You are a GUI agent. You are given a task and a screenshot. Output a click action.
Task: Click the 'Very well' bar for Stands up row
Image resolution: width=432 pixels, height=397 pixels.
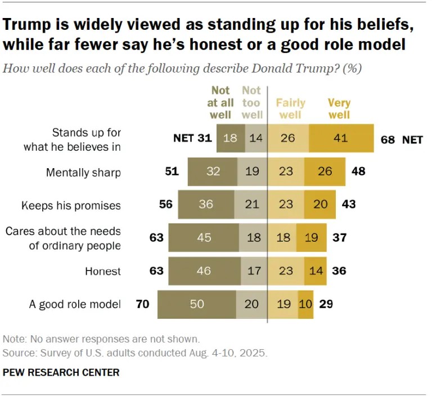tap(341, 138)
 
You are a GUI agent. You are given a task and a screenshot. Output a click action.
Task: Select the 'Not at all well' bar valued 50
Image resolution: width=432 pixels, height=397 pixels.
tap(196, 304)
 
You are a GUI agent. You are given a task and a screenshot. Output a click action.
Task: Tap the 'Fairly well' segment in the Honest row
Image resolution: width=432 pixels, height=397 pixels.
tap(285, 271)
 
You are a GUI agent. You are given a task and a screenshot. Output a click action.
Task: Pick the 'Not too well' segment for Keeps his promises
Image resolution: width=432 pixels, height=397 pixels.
tap(252, 205)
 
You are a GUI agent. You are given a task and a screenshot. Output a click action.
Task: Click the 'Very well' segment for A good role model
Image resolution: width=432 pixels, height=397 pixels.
tap(305, 304)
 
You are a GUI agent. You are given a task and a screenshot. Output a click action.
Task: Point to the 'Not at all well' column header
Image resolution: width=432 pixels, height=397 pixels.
tap(221, 102)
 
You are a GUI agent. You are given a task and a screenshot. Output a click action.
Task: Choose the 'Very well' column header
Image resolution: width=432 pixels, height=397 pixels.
tap(339, 109)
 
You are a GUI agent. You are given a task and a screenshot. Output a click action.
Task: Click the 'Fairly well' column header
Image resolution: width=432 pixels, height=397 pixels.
tap(290, 109)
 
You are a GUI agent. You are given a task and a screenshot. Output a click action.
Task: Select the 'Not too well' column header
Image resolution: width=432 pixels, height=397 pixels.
tap(251, 102)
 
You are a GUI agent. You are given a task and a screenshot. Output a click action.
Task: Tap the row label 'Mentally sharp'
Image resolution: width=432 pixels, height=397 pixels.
tap(83, 172)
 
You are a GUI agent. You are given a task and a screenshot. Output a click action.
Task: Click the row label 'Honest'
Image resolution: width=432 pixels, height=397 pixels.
tap(103, 271)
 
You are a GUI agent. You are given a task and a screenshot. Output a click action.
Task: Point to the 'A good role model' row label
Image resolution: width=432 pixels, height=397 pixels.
tap(75, 304)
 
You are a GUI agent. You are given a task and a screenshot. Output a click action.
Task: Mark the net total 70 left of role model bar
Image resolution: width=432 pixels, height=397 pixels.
tap(143, 304)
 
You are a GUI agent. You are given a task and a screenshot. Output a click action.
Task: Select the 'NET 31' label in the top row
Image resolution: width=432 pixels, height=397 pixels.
tap(193, 139)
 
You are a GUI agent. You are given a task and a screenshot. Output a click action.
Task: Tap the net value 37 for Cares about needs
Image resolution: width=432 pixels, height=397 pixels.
tap(339, 238)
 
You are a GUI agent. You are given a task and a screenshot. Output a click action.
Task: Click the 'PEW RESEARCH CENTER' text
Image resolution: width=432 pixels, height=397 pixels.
tap(61, 372)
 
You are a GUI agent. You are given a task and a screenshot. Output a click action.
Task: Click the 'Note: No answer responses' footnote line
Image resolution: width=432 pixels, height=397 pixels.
tap(101, 339)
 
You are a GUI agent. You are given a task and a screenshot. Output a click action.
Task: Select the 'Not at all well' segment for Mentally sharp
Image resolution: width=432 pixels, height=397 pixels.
tap(213, 172)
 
